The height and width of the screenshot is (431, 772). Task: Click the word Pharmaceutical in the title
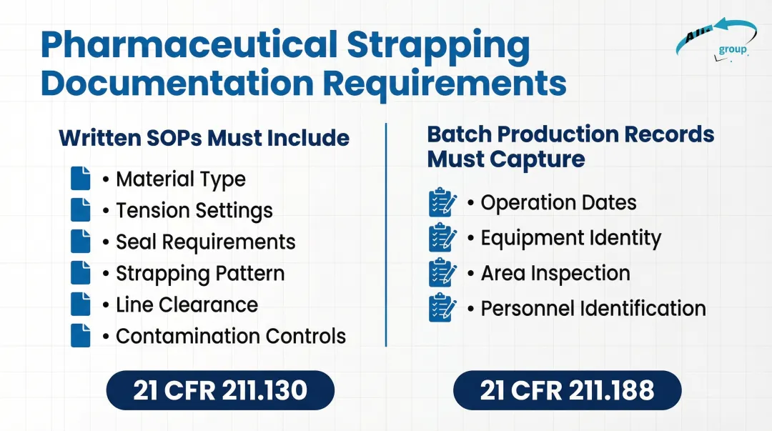point(187,45)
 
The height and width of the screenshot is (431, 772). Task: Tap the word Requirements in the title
point(445,82)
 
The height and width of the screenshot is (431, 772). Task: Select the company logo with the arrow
point(715,39)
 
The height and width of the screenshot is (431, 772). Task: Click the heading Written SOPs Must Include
point(204,137)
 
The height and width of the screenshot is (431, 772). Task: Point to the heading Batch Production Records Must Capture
point(570,146)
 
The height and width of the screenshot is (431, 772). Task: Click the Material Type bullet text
point(181,179)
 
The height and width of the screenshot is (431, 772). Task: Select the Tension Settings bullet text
point(194,210)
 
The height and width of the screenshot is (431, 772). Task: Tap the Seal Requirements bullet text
point(206,242)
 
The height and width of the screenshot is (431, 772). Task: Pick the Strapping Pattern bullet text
point(200,273)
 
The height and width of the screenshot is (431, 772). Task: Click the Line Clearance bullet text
point(187,304)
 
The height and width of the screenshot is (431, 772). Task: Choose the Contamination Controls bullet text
point(231,336)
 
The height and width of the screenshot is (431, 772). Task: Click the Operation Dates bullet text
point(558,202)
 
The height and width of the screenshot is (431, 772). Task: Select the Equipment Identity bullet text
point(571,237)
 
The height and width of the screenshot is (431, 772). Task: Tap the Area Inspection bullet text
point(555,273)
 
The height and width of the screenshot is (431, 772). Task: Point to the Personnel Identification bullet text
point(593,308)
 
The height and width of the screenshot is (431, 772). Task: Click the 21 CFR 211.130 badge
point(220,390)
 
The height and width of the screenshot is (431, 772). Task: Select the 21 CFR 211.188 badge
point(568,390)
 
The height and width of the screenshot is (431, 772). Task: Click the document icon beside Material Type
point(81,179)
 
